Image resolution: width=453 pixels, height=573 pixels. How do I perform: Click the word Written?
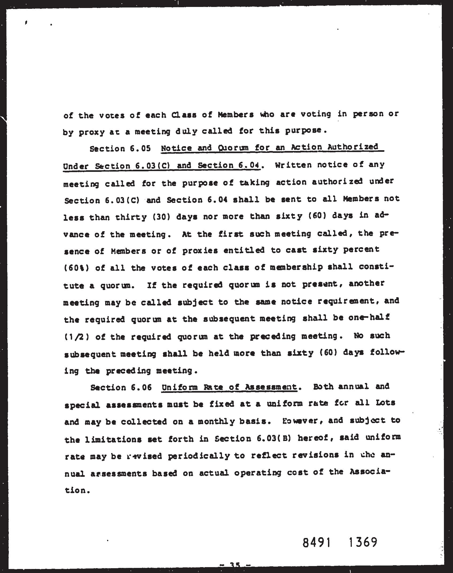pyautogui.click(x=293, y=165)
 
